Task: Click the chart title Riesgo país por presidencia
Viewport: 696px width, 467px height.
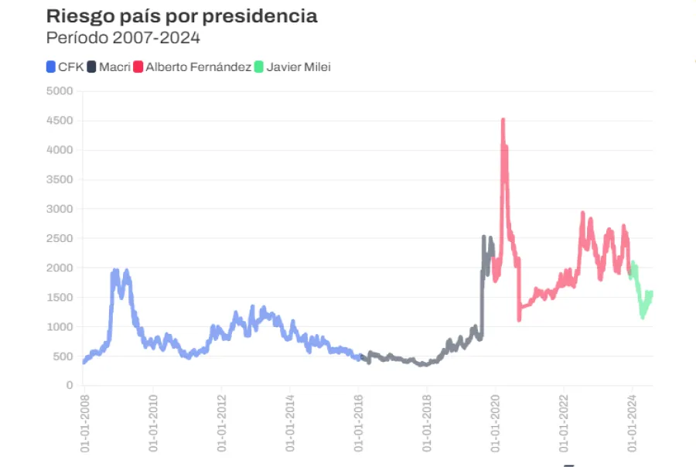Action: click(x=182, y=16)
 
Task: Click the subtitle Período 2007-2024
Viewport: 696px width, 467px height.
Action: click(x=123, y=37)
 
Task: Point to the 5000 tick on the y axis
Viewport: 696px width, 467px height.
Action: click(x=60, y=91)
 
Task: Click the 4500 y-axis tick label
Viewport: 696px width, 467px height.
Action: click(x=60, y=121)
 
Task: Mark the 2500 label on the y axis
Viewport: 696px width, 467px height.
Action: click(x=60, y=238)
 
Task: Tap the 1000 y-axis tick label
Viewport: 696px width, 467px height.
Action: click(x=60, y=327)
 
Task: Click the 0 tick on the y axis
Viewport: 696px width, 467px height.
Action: click(x=69, y=385)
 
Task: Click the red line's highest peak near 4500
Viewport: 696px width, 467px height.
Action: click(x=503, y=121)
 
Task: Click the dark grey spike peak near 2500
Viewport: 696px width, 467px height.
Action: click(x=484, y=237)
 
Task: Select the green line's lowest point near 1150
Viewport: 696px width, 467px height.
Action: click(x=643, y=316)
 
